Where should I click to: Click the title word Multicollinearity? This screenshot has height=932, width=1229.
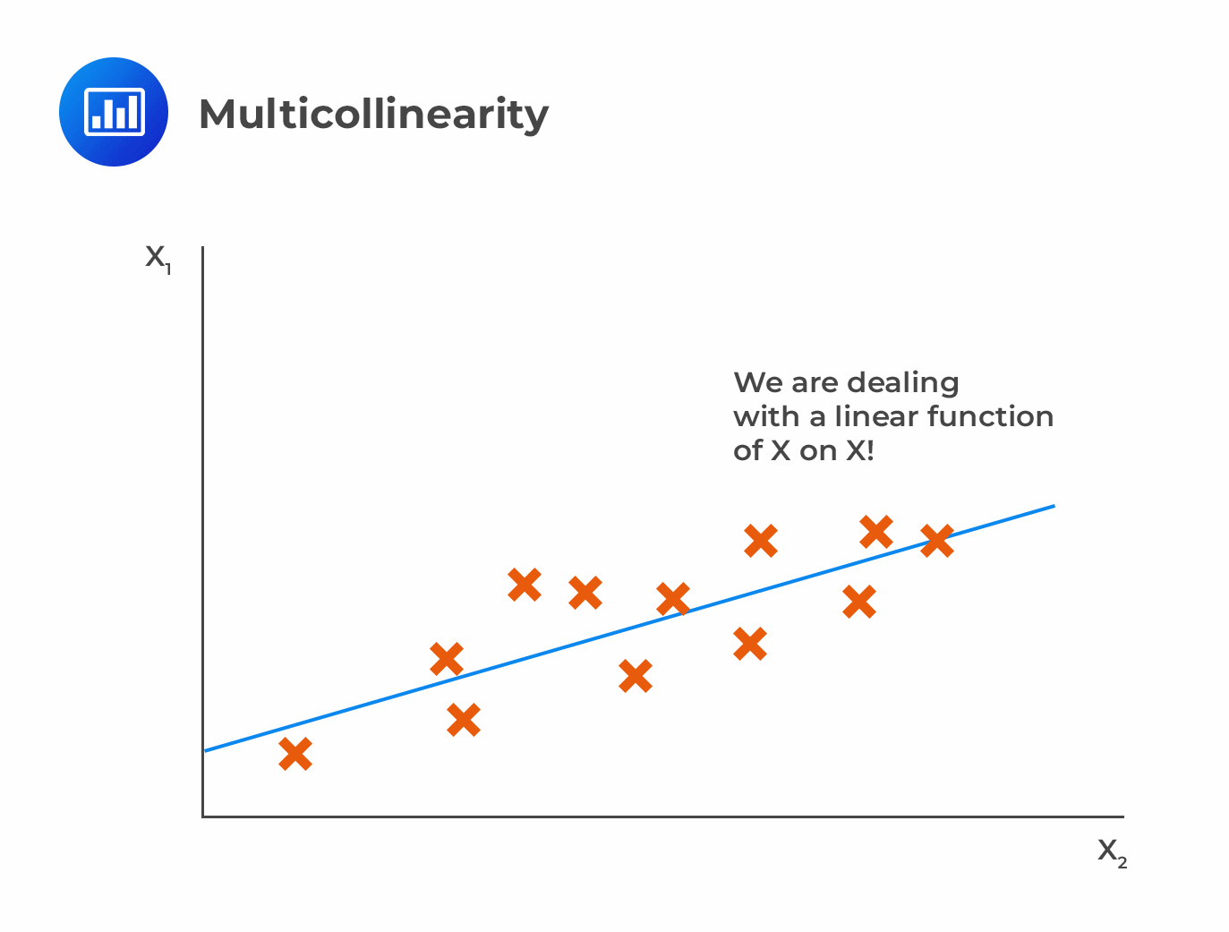[x=373, y=115]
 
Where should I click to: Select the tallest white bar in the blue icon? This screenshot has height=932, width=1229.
[x=132, y=111]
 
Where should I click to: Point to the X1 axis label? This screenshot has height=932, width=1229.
[x=158, y=259]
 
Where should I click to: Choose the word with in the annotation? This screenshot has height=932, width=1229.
[x=767, y=416]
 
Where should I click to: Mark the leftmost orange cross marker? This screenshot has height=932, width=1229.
[x=295, y=754]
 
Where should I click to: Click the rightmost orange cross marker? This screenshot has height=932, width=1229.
[x=937, y=541]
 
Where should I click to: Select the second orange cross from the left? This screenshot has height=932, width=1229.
[x=447, y=659]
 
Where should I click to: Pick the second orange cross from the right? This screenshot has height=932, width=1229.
[x=876, y=532]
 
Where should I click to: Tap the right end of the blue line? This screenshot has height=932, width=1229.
[x=1054, y=506]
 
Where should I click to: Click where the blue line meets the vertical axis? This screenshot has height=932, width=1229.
[x=205, y=750]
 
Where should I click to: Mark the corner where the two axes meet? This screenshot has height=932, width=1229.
[x=204, y=816]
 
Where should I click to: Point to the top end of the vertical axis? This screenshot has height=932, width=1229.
[x=204, y=249]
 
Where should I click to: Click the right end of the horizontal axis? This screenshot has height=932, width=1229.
[x=1122, y=817]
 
